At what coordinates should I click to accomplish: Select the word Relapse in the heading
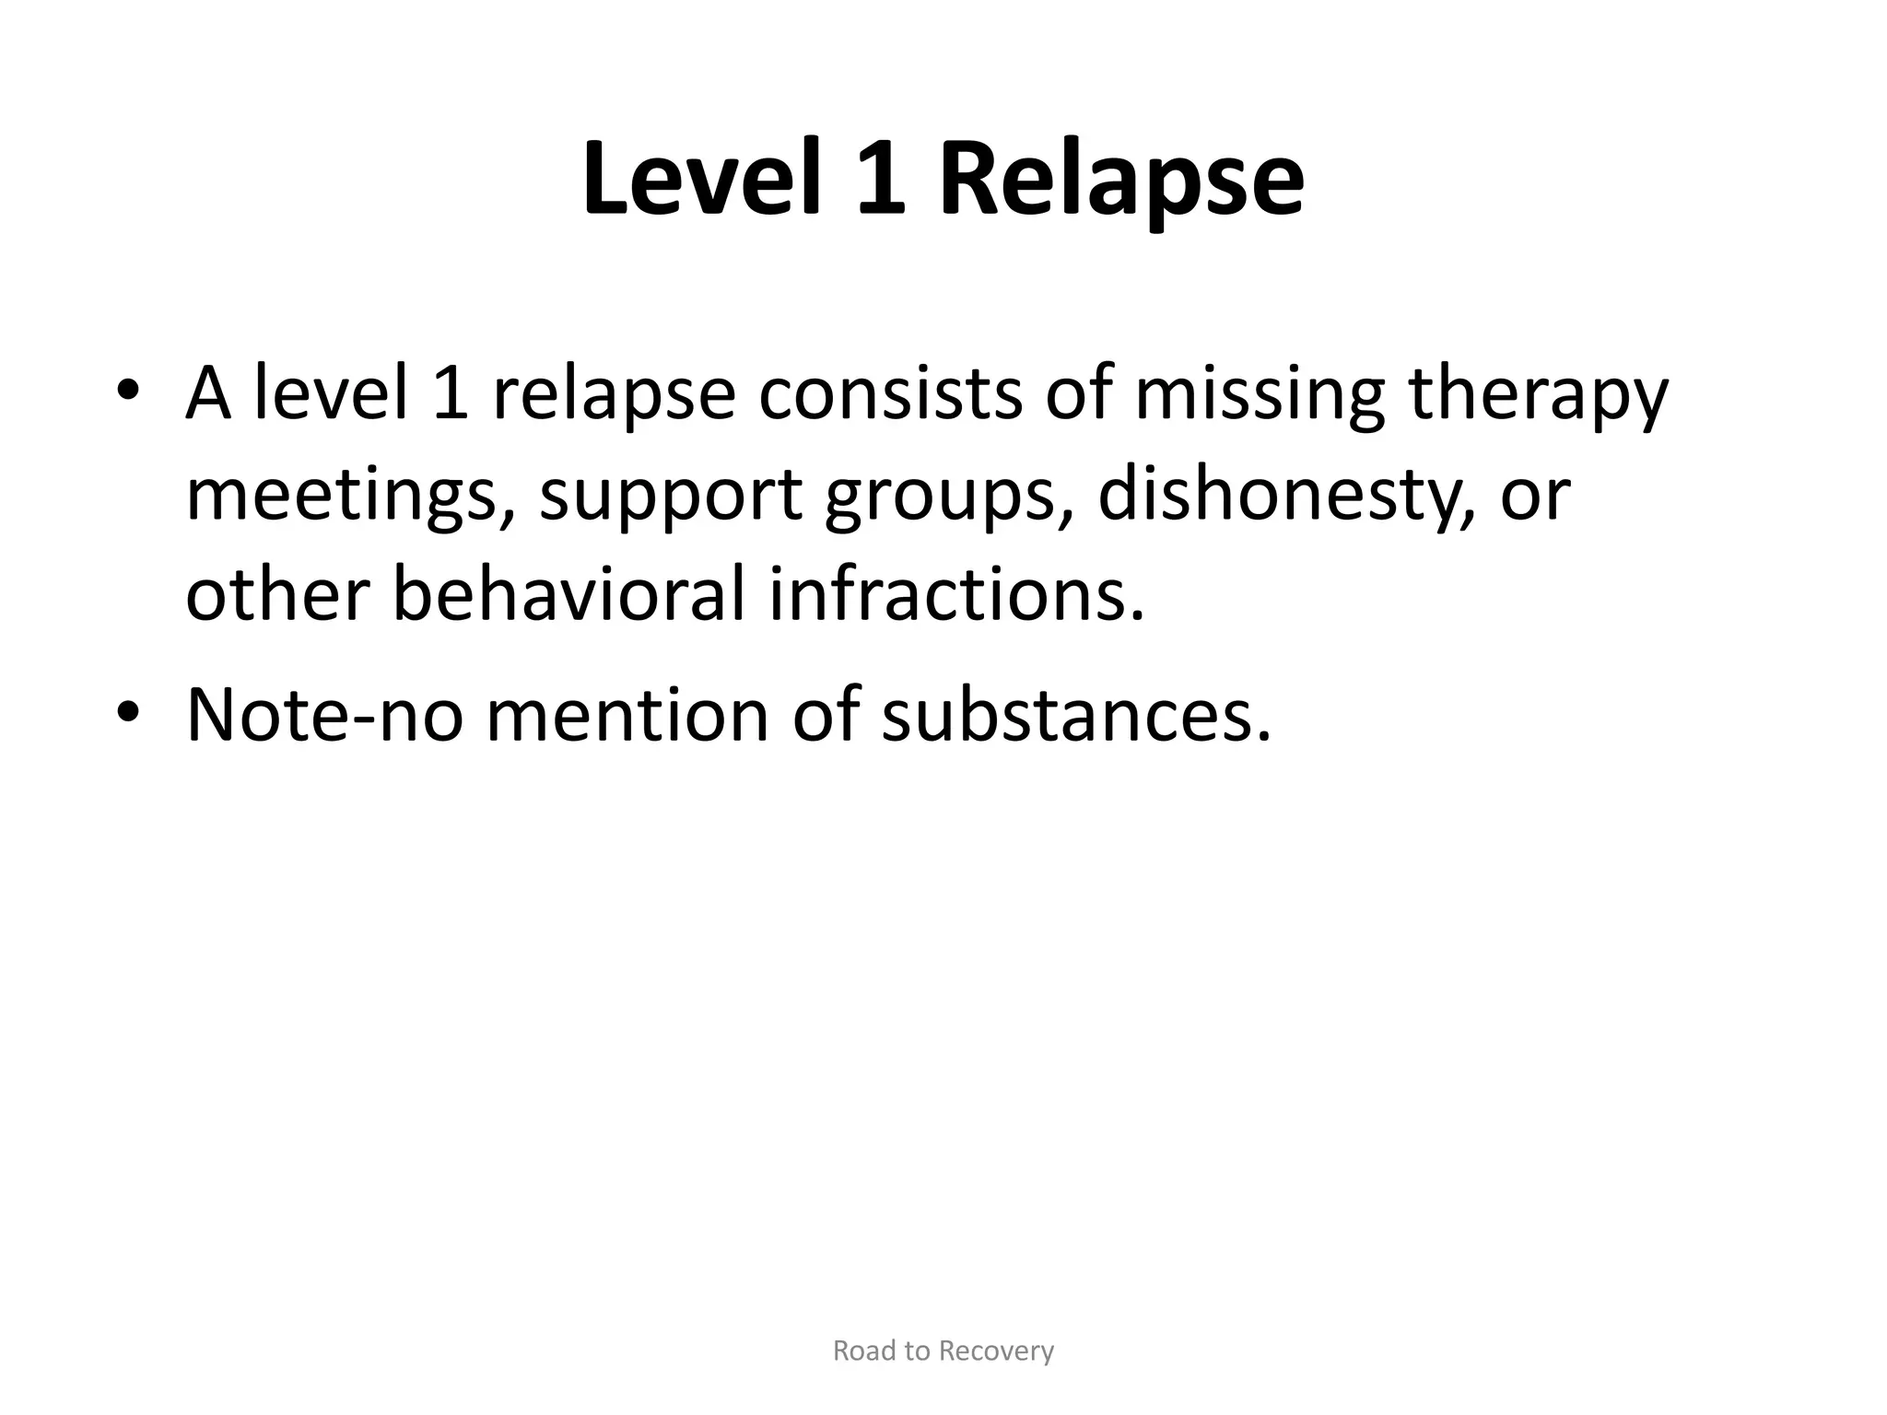point(1120,181)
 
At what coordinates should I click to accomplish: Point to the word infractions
point(957,594)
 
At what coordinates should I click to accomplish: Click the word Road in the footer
point(862,1351)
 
